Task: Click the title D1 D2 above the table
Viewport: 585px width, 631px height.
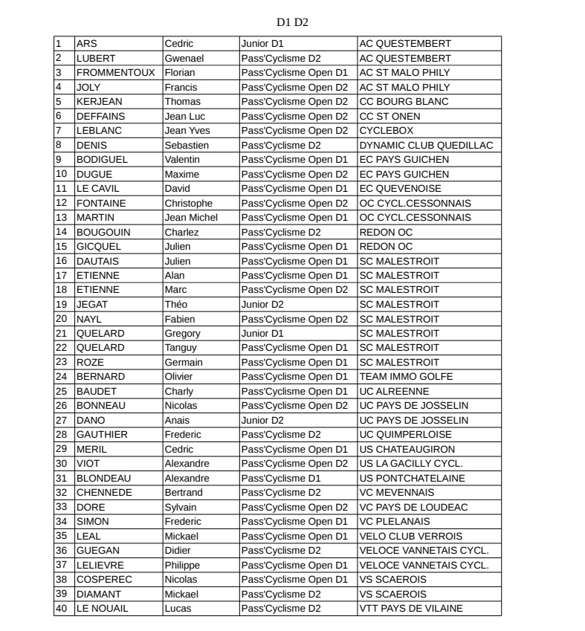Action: [292, 22]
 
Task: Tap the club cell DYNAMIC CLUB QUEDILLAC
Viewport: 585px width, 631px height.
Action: [426, 145]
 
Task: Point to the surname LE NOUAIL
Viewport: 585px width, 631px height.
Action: [103, 609]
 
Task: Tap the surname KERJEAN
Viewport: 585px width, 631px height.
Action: [100, 102]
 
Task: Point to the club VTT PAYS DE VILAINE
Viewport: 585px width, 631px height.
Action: [410, 609]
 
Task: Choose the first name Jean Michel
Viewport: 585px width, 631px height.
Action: [191, 218]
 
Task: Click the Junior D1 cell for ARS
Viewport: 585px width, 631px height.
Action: [262, 44]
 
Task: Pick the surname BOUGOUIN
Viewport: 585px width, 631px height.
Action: [103, 232]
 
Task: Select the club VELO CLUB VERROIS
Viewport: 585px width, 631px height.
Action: [410, 536]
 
